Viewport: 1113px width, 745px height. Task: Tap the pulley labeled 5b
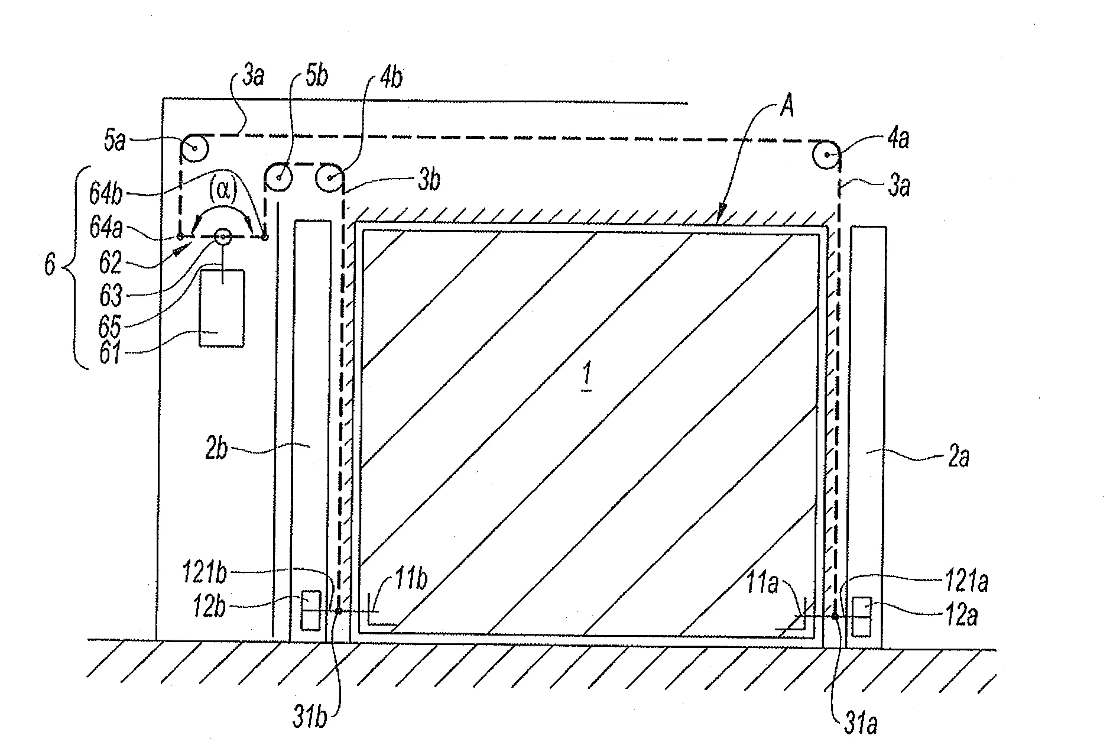click(278, 176)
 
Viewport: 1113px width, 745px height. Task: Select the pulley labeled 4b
click(330, 177)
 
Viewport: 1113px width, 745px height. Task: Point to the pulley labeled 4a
click(825, 156)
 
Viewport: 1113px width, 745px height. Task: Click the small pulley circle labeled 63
click(223, 237)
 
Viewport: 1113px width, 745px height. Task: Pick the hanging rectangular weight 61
click(222, 308)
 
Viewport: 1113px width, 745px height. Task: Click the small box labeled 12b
click(311, 611)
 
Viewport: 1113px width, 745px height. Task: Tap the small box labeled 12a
click(862, 617)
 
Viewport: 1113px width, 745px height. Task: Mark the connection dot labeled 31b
click(339, 611)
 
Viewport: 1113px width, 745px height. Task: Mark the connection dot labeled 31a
click(835, 617)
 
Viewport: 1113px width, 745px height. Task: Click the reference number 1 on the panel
click(586, 377)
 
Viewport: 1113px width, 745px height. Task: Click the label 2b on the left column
click(216, 449)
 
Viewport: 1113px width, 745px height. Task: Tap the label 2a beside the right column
click(958, 457)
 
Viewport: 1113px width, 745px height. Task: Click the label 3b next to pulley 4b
click(429, 180)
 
